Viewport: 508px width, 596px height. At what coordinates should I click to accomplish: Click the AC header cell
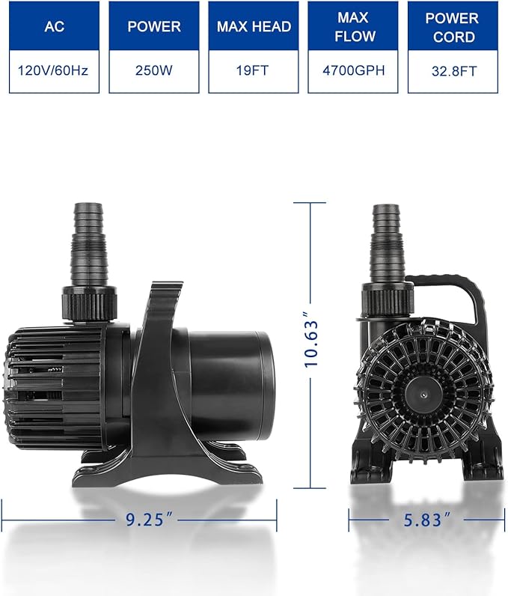click(55, 26)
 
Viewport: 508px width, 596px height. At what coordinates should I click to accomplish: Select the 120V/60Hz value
click(55, 73)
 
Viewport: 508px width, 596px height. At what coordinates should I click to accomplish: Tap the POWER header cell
click(154, 26)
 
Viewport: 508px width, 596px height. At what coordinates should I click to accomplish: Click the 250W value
click(154, 73)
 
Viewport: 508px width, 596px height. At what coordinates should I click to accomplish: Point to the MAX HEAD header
click(253, 26)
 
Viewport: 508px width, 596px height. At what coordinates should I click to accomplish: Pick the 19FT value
click(253, 73)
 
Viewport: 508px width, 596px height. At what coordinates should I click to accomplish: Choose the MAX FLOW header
click(352, 26)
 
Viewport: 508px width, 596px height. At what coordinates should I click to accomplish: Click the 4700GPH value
click(352, 73)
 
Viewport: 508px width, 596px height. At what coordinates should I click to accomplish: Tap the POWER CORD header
click(452, 26)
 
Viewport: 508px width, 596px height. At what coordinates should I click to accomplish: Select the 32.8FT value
click(452, 73)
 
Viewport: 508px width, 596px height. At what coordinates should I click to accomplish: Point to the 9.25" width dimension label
click(140, 517)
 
